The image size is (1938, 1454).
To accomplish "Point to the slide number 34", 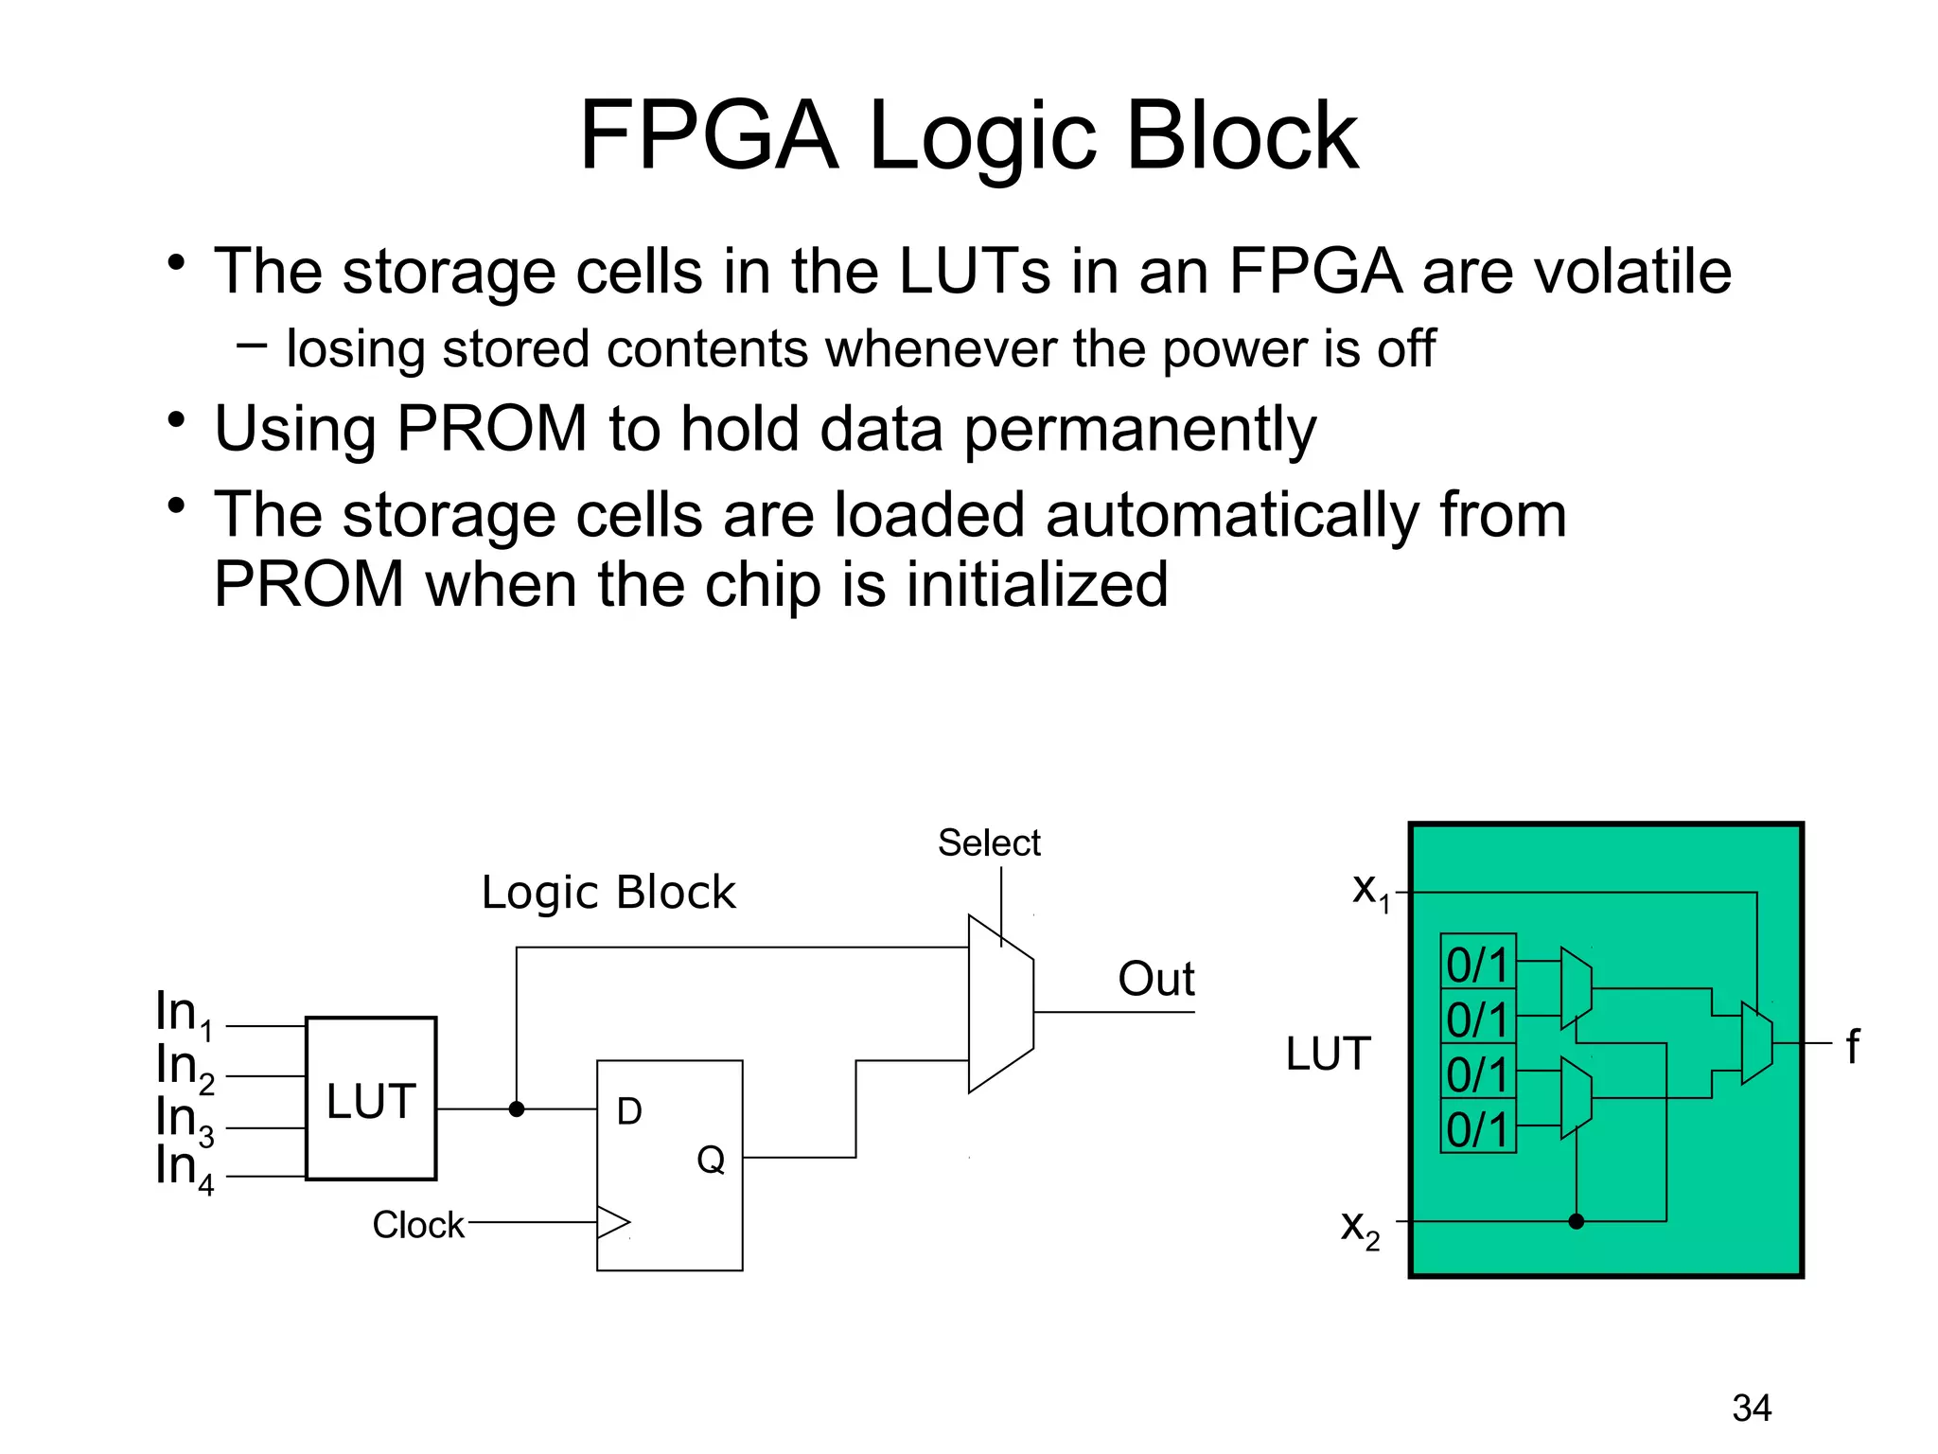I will [1752, 1409].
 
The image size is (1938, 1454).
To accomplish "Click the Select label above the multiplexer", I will [988, 842].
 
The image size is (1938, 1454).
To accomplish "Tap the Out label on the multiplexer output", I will [1155, 979].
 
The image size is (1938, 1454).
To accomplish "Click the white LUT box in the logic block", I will [371, 1099].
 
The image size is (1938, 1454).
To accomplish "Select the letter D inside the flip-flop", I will [629, 1111].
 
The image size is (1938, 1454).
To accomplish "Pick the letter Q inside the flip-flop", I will [711, 1160].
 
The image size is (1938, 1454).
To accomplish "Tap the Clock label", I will [417, 1225].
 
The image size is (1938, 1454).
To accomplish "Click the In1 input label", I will [184, 1014].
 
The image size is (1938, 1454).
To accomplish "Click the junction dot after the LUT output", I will [517, 1109].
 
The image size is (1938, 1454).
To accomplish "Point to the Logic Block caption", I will [608, 893].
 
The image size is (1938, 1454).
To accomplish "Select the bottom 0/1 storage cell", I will [1477, 1126].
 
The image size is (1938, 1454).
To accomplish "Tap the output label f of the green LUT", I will [1852, 1046].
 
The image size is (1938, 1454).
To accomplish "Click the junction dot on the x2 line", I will [1576, 1221].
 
